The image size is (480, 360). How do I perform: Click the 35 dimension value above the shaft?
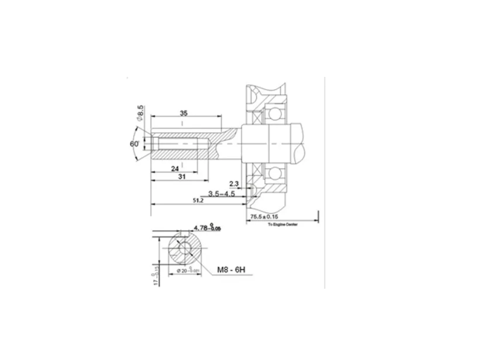point(183,113)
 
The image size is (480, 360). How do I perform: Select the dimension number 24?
point(175,168)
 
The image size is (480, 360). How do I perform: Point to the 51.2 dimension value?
point(198,201)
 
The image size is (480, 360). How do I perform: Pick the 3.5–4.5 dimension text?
point(222,194)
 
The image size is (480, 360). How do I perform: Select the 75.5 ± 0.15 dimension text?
point(264,217)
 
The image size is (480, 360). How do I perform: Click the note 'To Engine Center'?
point(283,225)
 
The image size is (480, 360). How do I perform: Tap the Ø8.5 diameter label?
point(140,114)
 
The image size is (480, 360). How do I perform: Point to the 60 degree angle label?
point(134,144)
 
